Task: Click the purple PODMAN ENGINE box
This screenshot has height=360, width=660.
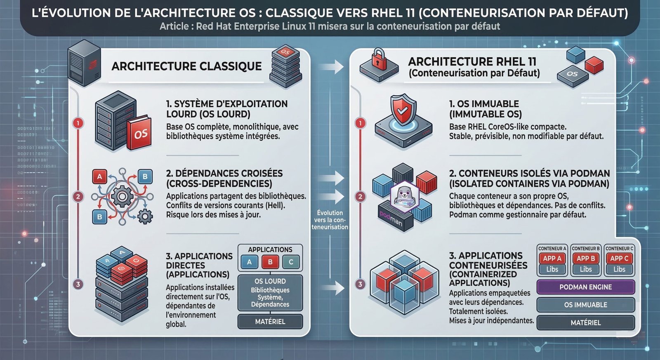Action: coord(585,287)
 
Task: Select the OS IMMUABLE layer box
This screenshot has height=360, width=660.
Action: coord(585,305)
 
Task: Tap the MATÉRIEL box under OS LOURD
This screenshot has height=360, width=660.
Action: coord(270,321)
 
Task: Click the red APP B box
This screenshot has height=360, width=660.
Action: coord(586,259)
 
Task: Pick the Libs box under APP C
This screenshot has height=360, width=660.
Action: coord(619,269)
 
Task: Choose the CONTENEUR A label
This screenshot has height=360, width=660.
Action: coord(552,249)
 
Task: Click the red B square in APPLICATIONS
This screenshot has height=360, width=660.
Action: coord(270,262)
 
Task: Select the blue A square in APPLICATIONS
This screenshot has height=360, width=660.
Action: coord(249,262)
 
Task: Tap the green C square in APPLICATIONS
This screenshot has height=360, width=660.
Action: coord(291,262)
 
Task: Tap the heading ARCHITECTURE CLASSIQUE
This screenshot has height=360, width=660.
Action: coord(186,66)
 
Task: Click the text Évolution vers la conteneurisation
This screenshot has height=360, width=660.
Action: coord(330,220)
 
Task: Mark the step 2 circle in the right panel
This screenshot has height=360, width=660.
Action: coord(361,197)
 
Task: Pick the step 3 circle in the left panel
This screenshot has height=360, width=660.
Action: coord(78,284)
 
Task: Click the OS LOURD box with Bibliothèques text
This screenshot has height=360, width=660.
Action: coord(270,293)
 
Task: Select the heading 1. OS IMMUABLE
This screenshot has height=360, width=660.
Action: coord(484,104)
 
